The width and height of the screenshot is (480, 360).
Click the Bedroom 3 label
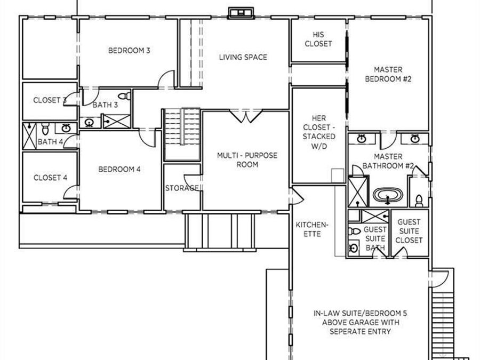tap(129, 51)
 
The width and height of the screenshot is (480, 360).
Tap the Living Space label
tap(243, 57)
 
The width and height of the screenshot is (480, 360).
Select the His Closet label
tap(318, 39)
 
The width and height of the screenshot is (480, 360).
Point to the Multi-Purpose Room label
tap(247, 160)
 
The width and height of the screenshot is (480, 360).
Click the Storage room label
tap(182, 188)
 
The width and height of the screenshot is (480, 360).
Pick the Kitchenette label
tap(312, 229)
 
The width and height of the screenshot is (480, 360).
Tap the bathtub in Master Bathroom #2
tap(388, 195)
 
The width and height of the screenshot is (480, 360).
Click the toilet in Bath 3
tap(125, 96)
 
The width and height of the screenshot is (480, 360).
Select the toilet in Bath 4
tap(45, 129)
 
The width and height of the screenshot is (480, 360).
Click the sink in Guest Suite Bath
tap(354, 248)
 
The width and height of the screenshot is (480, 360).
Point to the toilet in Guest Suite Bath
tap(355, 231)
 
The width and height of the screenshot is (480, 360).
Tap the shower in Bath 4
tap(29, 136)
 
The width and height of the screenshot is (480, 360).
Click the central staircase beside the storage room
tap(182, 134)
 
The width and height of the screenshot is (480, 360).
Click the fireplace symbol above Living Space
tap(241, 13)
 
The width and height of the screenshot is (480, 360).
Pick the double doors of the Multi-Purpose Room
tap(246, 117)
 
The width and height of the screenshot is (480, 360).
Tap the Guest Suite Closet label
tap(409, 231)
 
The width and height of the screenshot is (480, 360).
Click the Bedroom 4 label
tap(119, 169)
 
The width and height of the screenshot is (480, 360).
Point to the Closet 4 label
tap(51, 178)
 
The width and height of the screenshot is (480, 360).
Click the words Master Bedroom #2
tap(388, 74)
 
